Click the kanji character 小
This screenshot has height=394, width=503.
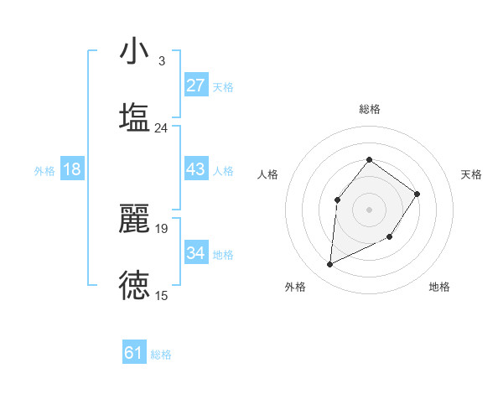click(x=134, y=51)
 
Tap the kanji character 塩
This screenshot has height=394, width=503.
click(x=134, y=117)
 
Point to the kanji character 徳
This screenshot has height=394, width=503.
click(x=134, y=285)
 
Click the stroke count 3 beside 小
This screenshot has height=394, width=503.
click(x=161, y=60)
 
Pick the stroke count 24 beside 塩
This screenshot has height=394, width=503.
click(x=161, y=127)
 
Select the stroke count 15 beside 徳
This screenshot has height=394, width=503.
click(x=161, y=295)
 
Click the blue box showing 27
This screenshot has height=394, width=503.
click(x=195, y=86)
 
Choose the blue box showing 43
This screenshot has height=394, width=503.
click(x=195, y=169)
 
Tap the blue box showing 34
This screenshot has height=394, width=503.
click(x=195, y=252)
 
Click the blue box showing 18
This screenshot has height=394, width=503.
click(x=72, y=169)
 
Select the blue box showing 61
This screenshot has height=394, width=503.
click(x=134, y=353)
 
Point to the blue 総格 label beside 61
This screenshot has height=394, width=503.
click(x=161, y=355)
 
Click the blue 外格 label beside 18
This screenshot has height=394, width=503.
click(x=44, y=171)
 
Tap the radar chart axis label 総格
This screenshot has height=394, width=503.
click(x=370, y=109)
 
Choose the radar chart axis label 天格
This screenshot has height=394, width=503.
click(x=472, y=174)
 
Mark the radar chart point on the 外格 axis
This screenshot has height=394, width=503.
click(x=329, y=265)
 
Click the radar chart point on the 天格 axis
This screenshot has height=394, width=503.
click(x=417, y=194)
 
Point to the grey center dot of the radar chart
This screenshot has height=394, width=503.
click(x=370, y=209)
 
